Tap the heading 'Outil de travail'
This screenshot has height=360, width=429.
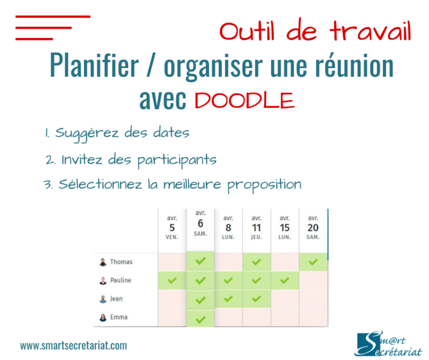point(315,31)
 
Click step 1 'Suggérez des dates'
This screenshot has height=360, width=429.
point(116,133)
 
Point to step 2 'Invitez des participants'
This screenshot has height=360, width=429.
point(131,160)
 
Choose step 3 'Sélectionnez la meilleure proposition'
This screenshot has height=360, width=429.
point(172,185)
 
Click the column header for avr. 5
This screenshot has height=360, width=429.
point(172,227)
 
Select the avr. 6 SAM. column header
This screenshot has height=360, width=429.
point(200,223)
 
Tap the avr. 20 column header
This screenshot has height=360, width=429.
point(313,227)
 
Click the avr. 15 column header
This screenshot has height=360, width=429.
point(285,227)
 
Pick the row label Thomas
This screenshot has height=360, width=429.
point(121,262)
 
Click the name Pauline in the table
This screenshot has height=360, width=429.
point(121,281)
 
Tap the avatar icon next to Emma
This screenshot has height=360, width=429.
point(103,318)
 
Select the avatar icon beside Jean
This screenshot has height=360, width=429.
point(103,299)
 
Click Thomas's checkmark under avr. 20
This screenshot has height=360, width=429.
point(313,262)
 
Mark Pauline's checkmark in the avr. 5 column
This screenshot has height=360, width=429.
point(172,281)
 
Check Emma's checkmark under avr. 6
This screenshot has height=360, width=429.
point(200,319)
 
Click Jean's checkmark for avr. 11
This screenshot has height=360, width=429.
point(256,299)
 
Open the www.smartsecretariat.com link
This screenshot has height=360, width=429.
point(74,346)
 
